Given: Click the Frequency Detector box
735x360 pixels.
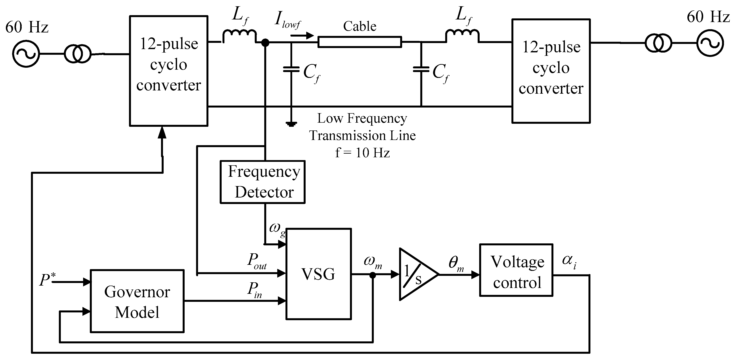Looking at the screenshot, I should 263,182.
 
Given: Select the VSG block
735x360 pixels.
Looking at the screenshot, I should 318,274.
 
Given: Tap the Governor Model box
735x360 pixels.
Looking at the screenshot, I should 137,301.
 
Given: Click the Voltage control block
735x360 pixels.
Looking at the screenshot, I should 516,270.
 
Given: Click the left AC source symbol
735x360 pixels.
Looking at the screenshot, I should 26,54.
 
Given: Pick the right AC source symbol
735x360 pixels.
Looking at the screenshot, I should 710,43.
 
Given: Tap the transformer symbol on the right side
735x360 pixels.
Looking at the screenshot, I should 659,43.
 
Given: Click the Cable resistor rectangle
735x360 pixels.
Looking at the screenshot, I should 360,42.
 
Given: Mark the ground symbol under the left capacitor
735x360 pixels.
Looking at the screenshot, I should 291,124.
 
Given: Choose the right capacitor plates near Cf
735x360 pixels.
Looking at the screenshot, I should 421,69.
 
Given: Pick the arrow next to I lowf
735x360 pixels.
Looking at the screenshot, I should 302,36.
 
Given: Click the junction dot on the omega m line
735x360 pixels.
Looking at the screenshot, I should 373,275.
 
